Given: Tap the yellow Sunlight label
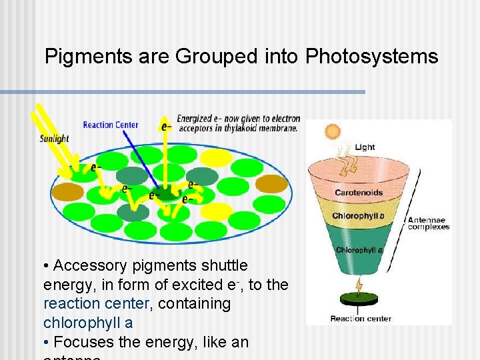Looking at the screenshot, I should tap(54, 139).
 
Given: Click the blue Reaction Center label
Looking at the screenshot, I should tap(111, 125).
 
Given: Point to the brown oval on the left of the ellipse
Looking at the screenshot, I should tap(68, 192).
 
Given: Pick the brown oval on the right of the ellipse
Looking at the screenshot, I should tap(271, 183).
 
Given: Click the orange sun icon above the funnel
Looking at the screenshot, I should tap(331, 131).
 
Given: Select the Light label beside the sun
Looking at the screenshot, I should tap(365, 147).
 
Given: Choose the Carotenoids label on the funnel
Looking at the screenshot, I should tap(359, 193).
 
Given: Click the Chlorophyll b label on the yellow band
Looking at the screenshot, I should tap(358, 216).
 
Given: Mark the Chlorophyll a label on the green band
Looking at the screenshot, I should tap(359, 250).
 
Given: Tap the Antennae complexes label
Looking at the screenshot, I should tap(428, 223).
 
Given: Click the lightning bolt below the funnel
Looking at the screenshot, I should tap(359, 286).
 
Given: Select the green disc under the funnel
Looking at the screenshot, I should tap(359, 301).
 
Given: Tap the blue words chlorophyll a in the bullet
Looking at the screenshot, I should tap(88, 323).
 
